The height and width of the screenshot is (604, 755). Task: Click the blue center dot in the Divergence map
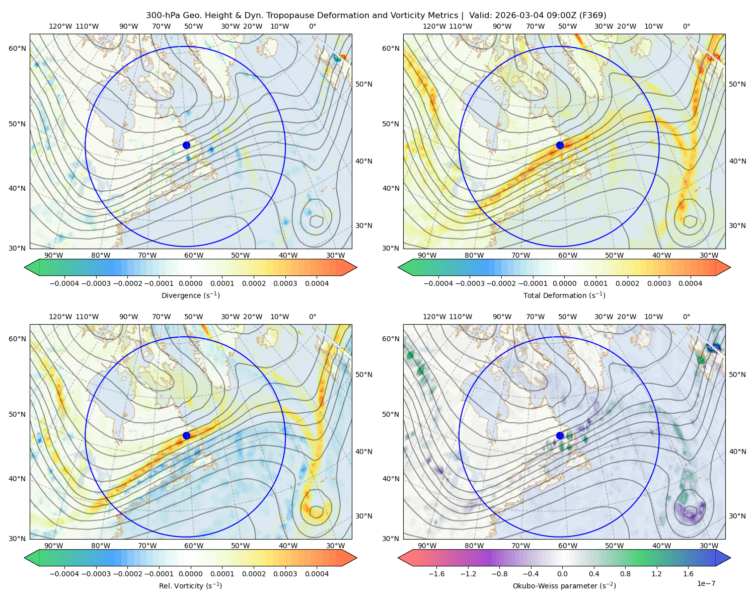coord(186,145)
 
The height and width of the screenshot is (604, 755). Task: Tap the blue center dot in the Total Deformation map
coord(560,145)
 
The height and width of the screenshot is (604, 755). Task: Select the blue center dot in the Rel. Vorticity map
coord(186,435)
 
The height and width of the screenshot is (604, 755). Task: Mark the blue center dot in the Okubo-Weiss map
coord(560,435)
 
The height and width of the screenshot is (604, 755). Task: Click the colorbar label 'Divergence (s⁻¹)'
coord(190,295)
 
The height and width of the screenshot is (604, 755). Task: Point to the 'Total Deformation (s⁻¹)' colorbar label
coord(564,295)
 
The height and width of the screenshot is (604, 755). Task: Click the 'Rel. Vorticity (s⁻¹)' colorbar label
coord(190,586)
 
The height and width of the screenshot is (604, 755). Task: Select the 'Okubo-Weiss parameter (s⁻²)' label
coord(564,586)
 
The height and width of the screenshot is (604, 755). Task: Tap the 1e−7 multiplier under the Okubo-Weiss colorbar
coord(706,584)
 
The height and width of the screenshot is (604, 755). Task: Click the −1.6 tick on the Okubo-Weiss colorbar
coord(436,574)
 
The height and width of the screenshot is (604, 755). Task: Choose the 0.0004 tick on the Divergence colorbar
coord(317,283)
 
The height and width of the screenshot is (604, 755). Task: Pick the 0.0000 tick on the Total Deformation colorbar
coord(564,283)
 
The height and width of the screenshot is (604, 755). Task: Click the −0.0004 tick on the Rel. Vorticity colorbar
coord(64,574)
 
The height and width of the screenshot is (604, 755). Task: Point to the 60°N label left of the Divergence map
coord(17,48)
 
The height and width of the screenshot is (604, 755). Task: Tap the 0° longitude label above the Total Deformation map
coord(686,26)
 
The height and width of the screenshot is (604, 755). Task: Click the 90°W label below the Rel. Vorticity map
coord(54,546)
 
